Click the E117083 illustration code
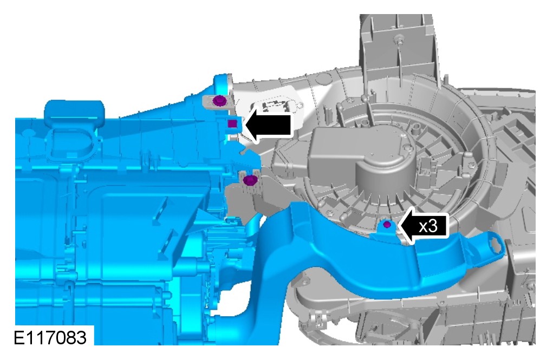(x=50, y=337)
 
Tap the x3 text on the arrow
(x=428, y=226)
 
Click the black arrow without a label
(x=268, y=125)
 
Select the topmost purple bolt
(x=219, y=101)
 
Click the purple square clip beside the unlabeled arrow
(x=232, y=123)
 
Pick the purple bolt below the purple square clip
(x=250, y=180)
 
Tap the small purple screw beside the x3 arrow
(x=387, y=224)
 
